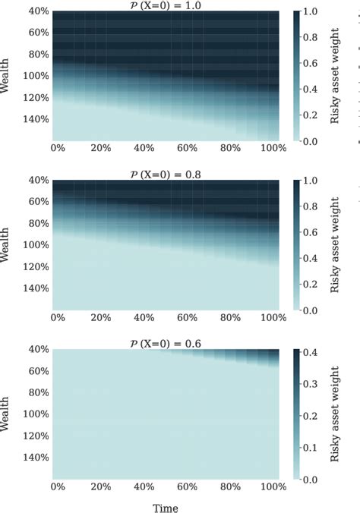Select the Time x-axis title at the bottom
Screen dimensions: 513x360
[x=166, y=506]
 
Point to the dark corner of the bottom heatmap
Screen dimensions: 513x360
[x=277, y=352]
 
